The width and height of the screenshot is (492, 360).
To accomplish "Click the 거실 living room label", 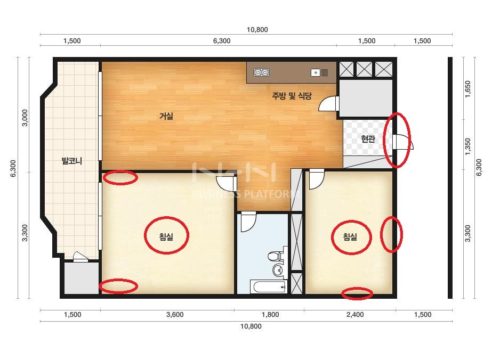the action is pyautogui.click(x=166, y=116).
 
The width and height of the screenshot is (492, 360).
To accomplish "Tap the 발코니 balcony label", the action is pyautogui.click(x=72, y=161).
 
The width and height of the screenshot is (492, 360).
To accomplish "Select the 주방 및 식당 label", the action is pyautogui.click(x=292, y=96).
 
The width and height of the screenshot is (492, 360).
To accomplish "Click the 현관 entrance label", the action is pyautogui.click(x=368, y=138).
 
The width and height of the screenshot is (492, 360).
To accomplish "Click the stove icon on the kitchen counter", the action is pyautogui.click(x=261, y=73).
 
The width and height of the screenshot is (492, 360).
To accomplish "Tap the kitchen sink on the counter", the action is pyautogui.click(x=319, y=73).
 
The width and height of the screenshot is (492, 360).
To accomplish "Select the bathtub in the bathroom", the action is pyautogui.click(x=268, y=287).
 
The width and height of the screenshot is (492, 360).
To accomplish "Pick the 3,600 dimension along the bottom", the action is pyautogui.click(x=175, y=315).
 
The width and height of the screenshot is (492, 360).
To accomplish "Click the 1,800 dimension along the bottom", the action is pyautogui.click(x=270, y=315).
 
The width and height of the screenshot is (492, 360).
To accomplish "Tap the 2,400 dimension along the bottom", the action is pyautogui.click(x=355, y=315).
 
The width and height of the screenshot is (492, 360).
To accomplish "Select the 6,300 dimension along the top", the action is pyautogui.click(x=222, y=41).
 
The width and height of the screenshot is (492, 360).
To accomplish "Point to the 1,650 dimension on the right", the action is pyautogui.click(x=468, y=89).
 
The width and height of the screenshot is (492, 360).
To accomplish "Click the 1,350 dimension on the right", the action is pyautogui.click(x=468, y=146).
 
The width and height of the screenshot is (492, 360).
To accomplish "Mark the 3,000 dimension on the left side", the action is pyautogui.click(x=25, y=118).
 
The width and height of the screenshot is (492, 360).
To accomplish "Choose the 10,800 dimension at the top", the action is pyautogui.click(x=257, y=30).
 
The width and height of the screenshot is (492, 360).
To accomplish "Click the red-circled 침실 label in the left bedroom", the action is pyautogui.click(x=166, y=236).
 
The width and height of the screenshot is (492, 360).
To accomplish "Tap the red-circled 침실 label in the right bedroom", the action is pyautogui.click(x=350, y=236).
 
